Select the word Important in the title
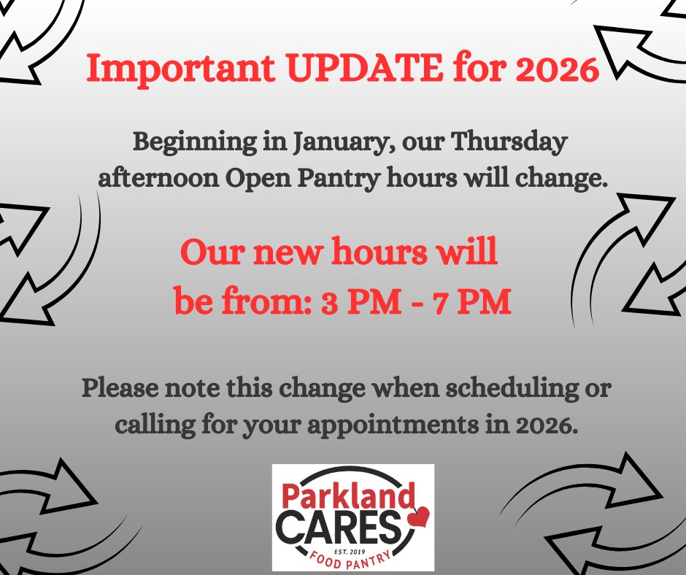pyautogui.click(x=178, y=70)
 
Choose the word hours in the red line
pyautogui.click(x=379, y=254)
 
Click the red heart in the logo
pyautogui.click(x=418, y=517)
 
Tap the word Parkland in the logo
pyautogui.click(x=343, y=498)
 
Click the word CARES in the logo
pyautogui.click(x=340, y=527)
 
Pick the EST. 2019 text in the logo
pyautogui.click(x=353, y=546)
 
